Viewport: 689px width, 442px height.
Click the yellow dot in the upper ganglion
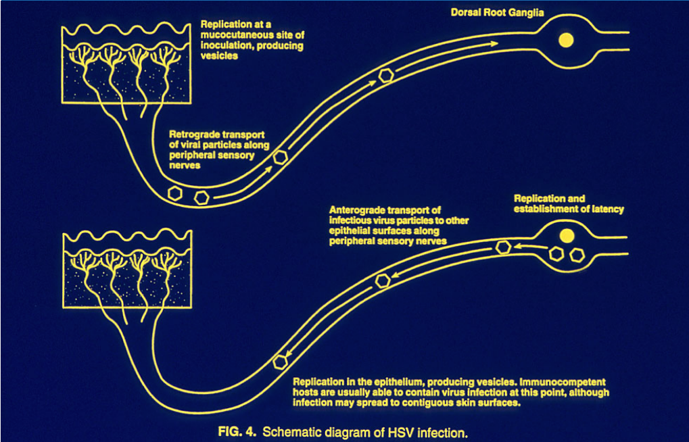coord(565,41)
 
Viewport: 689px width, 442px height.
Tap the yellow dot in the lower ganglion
coord(567,236)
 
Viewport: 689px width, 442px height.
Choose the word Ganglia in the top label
coord(526,12)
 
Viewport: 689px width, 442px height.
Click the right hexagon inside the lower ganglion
coord(577,255)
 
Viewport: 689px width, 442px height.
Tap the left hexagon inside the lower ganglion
coord(556,255)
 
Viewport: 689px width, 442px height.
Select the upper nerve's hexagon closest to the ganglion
coord(386,76)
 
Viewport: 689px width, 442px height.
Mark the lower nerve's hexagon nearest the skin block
coord(279,362)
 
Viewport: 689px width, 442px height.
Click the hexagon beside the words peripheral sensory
coord(281,158)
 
